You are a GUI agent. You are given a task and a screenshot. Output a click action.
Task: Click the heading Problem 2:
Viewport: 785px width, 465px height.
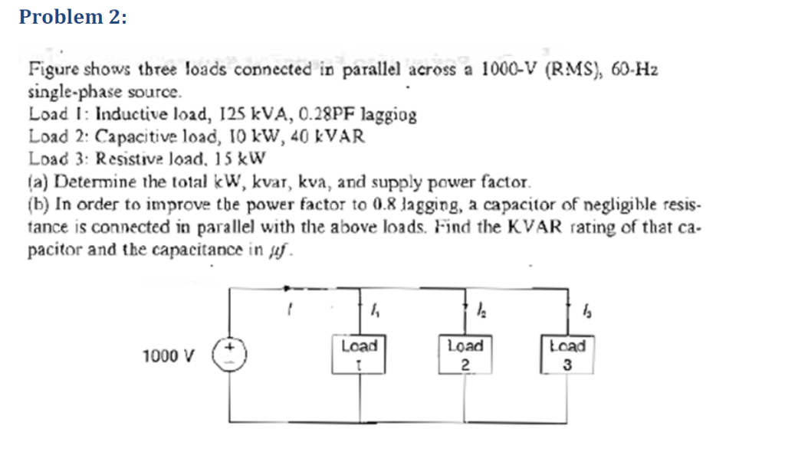tap(73, 18)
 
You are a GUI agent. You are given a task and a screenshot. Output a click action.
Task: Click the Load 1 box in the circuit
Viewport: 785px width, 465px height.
tap(360, 354)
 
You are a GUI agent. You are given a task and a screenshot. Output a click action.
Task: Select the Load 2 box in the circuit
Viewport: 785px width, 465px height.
tap(465, 354)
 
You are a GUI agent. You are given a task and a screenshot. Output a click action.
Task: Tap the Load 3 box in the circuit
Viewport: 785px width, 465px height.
tap(567, 355)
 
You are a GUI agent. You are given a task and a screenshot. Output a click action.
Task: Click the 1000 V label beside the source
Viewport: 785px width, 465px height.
tap(169, 356)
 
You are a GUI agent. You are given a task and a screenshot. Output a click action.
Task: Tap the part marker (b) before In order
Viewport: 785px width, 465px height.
tap(36, 205)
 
